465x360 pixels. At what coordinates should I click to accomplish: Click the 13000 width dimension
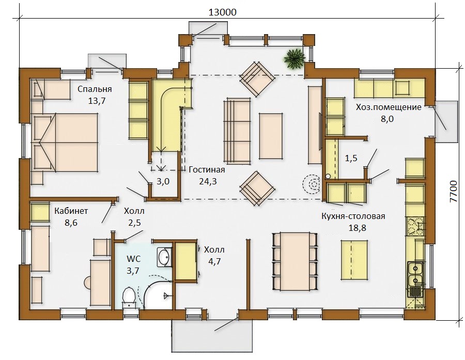[223, 12]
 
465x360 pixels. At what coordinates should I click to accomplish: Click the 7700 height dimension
[454, 191]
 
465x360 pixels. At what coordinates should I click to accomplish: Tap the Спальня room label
[95, 89]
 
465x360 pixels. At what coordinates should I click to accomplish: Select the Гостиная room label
[207, 169]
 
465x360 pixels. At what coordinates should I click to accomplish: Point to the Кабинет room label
[71, 211]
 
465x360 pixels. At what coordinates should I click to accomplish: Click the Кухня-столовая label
[353, 216]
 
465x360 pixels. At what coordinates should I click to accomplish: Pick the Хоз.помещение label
[389, 107]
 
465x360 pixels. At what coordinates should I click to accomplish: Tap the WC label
[134, 259]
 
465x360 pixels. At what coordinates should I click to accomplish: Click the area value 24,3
[208, 181]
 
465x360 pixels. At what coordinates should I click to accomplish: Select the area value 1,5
[351, 159]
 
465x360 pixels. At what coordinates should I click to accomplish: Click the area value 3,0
[163, 181]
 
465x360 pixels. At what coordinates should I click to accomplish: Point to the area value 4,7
[214, 261]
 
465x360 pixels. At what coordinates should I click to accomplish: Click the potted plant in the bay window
[294, 58]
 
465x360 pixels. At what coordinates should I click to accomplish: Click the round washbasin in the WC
[164, 257]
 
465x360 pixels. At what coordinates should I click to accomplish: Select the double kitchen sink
[416, 275]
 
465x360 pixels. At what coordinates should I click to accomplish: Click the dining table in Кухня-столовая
[295, 261]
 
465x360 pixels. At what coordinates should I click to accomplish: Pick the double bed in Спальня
[65, 143]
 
